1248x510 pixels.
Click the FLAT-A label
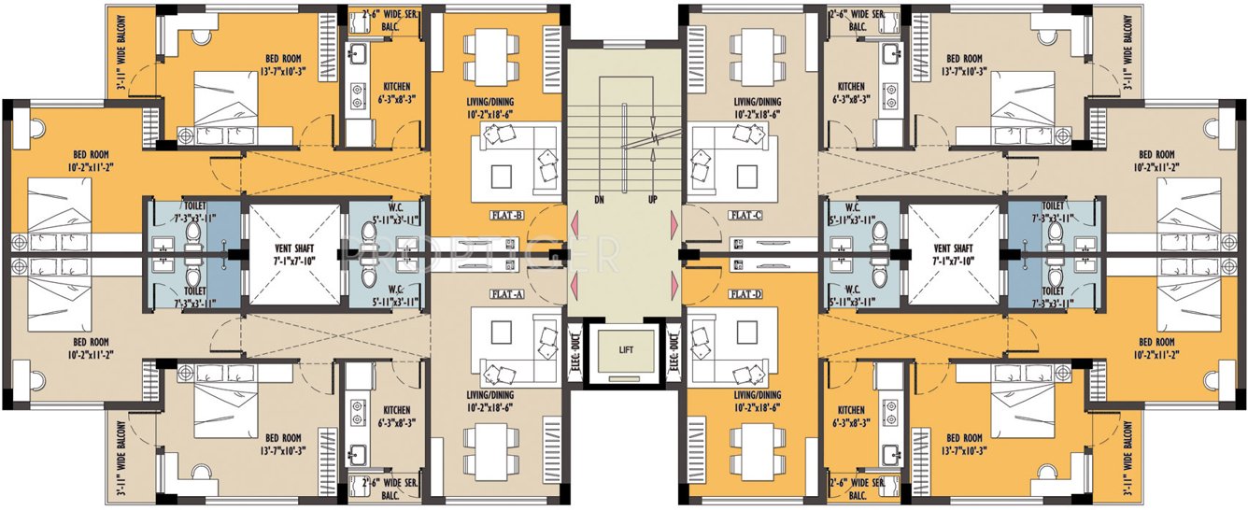click(505, 293)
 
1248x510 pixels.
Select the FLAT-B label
click(505, 215)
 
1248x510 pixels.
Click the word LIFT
click(625, 349)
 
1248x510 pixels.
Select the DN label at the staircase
click(599, 200)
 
